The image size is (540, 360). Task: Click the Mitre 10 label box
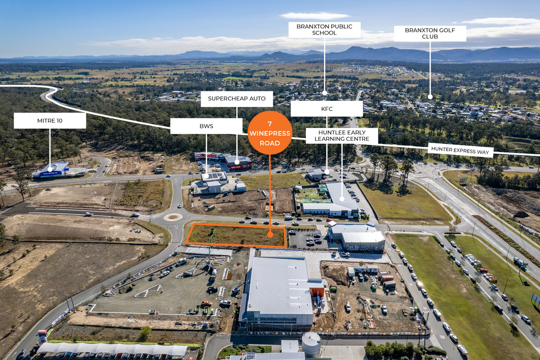(49, 121)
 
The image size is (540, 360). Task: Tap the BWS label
(206, 126)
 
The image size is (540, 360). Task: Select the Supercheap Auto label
(237, 99)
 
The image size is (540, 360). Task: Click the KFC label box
(327, 108)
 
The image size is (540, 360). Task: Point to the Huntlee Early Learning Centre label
(342, 136)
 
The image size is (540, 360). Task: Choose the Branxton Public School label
(324, 30)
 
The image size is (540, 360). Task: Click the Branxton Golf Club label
(430, 34)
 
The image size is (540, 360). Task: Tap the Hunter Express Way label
(460, 150)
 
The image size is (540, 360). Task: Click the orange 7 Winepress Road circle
(270, 133)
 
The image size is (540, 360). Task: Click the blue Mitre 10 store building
(52, 170)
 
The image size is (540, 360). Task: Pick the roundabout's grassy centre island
(173, 217)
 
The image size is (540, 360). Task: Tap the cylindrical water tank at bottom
(311, 344)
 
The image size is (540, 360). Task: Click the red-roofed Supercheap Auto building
(238, 162)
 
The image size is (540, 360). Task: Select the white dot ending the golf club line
(430, 96)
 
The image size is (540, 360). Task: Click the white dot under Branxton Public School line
(324, 93)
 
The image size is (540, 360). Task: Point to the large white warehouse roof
(279, 286)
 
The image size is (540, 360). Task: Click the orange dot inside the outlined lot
(270, 234)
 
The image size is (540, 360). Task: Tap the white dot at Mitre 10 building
(49, 169)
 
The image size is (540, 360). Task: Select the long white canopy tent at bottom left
(112, 349)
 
